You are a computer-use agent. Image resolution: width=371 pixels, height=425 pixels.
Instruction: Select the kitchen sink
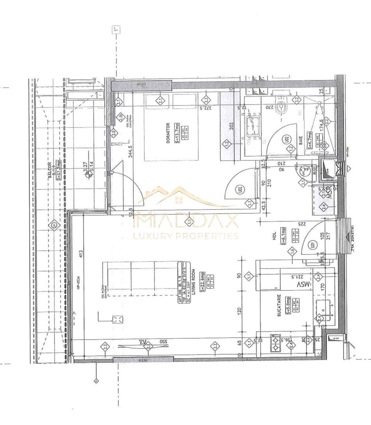pyautogui.click(x=325, y=310)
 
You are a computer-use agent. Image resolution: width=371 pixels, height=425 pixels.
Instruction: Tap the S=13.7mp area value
pyautogui.click(x=178, y=132)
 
